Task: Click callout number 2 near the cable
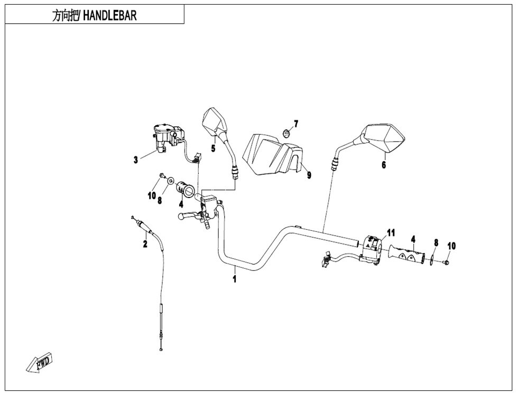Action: [144, 243]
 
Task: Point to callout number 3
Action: [136, 158]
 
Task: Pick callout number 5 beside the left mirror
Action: [213, 148]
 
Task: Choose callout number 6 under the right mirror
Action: [384, 165]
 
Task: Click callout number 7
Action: [296, 124]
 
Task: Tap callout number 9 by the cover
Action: [309, 175]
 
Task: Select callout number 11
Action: [391, 233]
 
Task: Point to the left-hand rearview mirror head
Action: [214, 121]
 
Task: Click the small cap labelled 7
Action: [285, 133]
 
